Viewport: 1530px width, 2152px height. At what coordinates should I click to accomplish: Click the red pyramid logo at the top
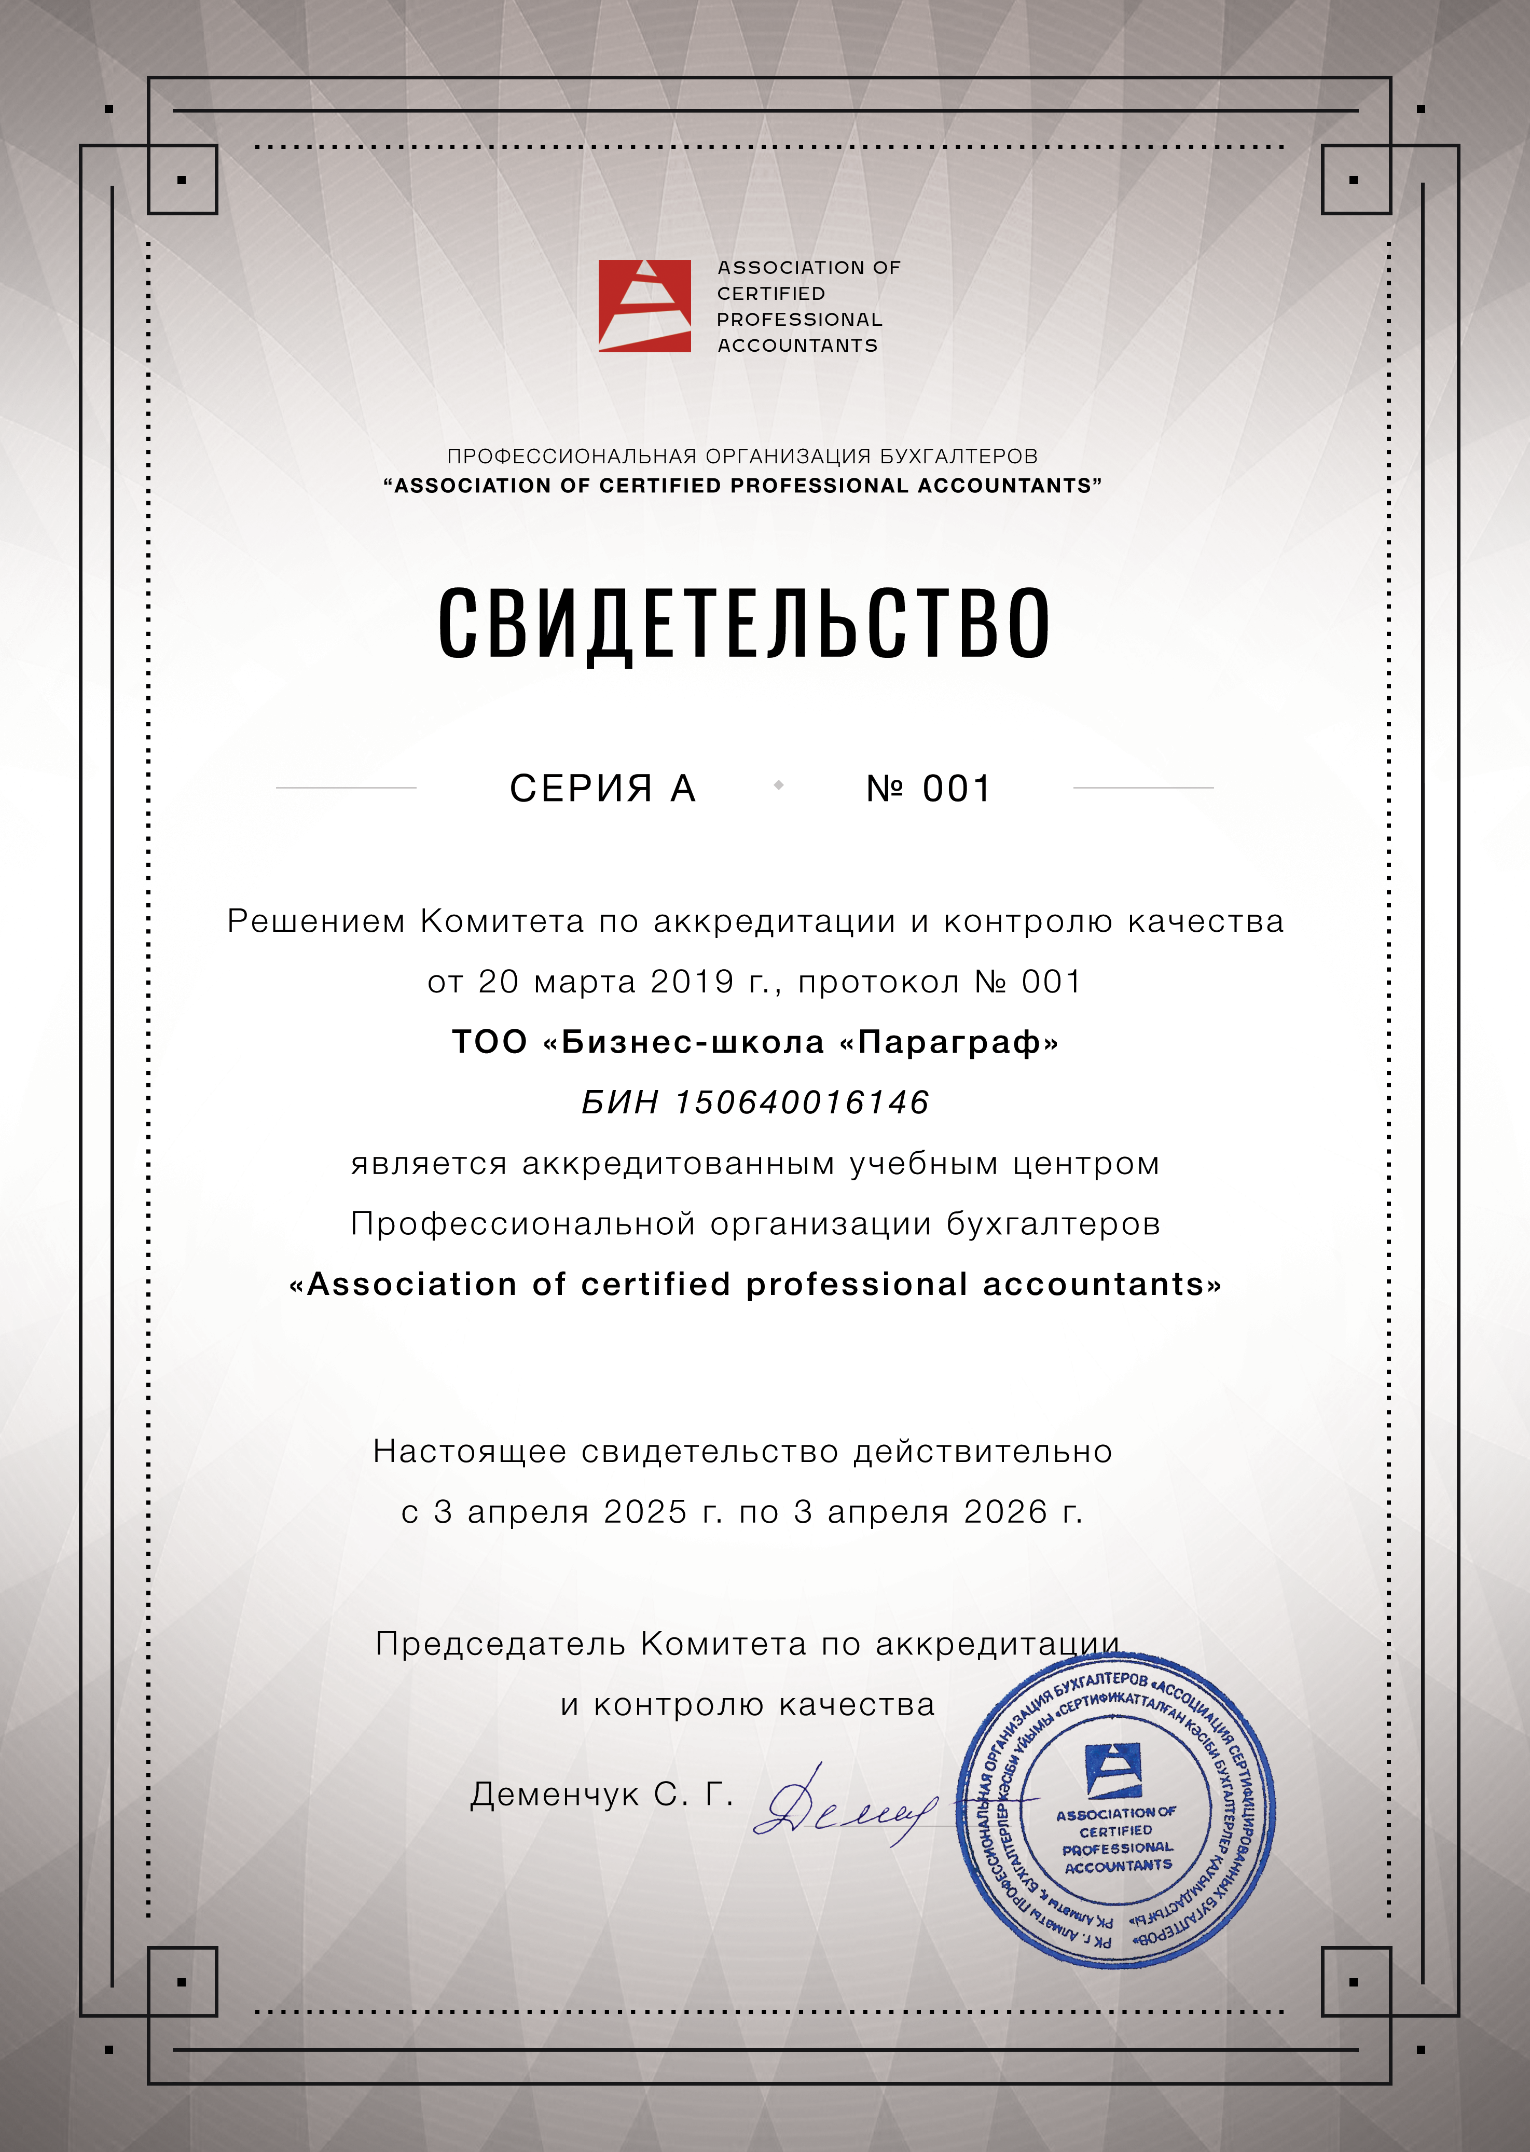[x=644, y=306]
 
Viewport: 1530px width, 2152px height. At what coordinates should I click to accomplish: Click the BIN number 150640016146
[x=802, y=1102]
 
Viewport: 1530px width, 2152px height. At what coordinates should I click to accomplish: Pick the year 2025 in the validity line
[x=645, y=1511]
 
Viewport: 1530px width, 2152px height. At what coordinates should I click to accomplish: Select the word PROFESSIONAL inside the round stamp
[x=1118, y=1847]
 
